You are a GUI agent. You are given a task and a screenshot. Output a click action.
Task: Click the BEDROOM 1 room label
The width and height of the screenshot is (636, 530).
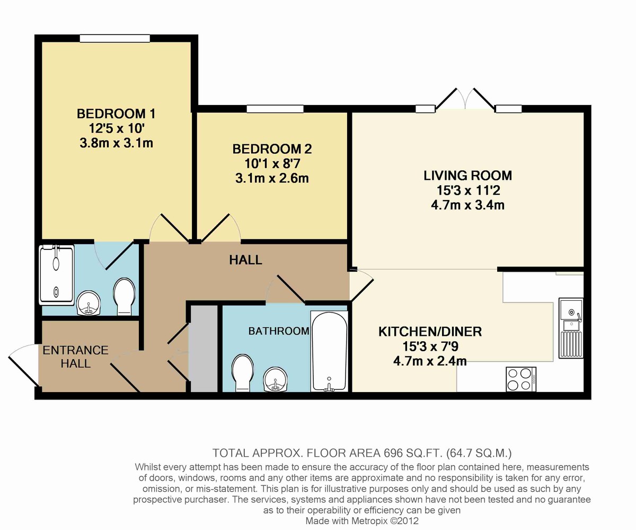(x=116, y=114)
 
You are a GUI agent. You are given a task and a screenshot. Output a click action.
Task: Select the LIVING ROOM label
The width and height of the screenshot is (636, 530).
(x=467, y=176)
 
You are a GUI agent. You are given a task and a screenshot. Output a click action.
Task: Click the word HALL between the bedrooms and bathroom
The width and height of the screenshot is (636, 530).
(x=245, y=260)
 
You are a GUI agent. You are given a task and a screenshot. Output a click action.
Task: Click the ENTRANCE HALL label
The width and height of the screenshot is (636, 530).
(x=68, y=357)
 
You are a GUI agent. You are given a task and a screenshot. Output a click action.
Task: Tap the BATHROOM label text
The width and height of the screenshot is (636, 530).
(x=279, y=332)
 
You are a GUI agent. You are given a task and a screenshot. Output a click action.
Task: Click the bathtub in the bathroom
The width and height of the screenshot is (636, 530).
(x=329, y=351)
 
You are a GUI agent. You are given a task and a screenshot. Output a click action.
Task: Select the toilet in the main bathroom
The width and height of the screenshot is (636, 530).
(x=243, y=372)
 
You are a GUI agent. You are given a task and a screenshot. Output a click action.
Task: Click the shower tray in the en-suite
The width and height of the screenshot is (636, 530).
(x=56, y=274)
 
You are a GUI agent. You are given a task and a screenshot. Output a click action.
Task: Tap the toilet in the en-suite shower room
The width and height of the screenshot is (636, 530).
(x=125, y=296)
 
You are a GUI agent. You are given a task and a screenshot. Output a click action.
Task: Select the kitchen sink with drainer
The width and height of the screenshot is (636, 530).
(x=571, y=329)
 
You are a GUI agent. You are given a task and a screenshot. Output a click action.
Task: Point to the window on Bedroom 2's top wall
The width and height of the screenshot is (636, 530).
(x=275, y=109)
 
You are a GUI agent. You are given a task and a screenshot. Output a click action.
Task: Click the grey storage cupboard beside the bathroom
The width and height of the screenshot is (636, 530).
(x=204, y=349)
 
